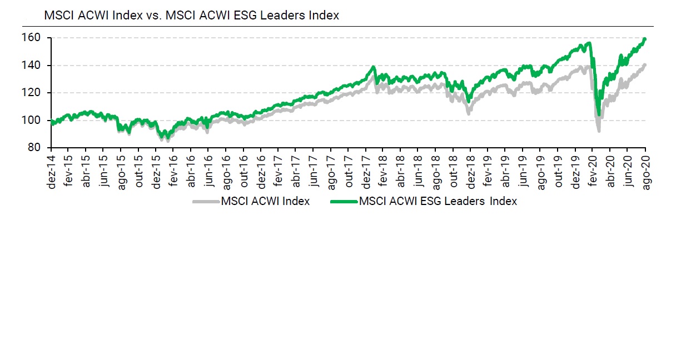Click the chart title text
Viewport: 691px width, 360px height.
coord(191,16)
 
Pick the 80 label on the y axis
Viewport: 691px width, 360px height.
coord(40,148)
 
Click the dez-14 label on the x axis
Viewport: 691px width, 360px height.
coord(52,167)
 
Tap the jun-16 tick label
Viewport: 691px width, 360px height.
coord(208,167)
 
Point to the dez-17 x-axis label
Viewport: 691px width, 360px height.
coord(366,167)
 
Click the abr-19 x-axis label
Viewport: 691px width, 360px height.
coord(505,167)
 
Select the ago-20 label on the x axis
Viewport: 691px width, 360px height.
coord(645,167)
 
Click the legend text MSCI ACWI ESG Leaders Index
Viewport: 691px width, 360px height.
coord(438,201)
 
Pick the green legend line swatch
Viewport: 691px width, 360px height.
coord(344,201)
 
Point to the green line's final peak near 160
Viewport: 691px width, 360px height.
coord(644,39)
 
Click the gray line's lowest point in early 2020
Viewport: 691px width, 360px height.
coord(599,131)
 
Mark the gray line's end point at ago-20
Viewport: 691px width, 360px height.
coord(645,65)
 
